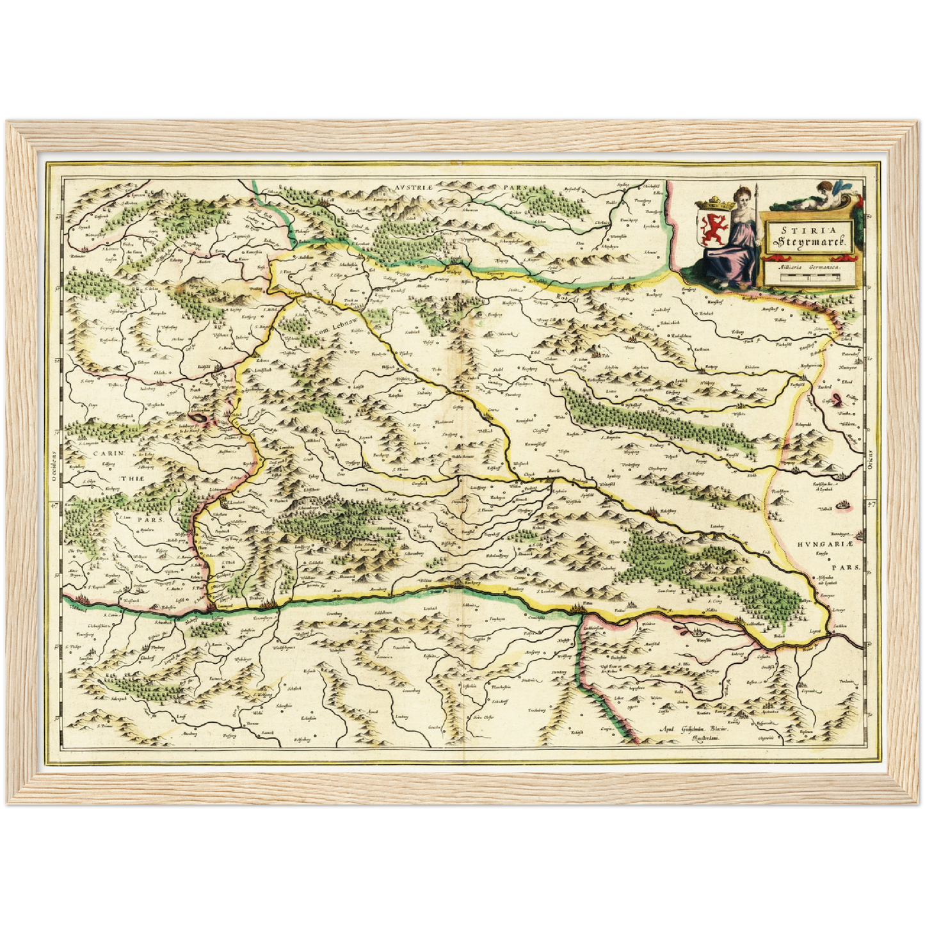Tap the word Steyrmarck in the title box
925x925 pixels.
810,242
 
